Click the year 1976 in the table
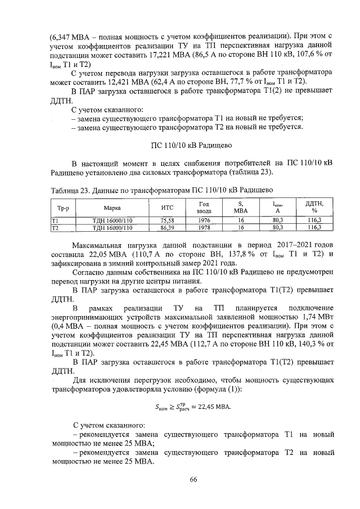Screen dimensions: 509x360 point(204,220)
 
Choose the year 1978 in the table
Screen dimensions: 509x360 point(204,228)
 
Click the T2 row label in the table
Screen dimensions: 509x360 point(55,228)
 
